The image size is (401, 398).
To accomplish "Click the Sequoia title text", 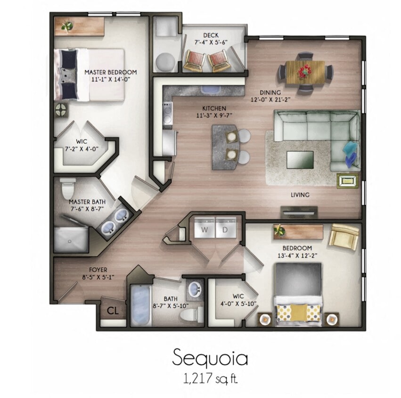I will point(210,358).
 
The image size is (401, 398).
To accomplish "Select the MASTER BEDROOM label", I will point(111,72).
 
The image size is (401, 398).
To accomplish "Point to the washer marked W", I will point(205,229).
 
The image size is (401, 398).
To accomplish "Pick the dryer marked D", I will point(225,229).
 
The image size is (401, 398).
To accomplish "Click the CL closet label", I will point(112,310).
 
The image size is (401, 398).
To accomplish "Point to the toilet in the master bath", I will point(67,188).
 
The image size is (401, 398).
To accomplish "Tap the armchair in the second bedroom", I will point(344,236).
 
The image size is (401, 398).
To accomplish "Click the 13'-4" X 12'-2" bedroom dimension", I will point(297,256).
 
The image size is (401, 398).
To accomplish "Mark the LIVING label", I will point(300,195).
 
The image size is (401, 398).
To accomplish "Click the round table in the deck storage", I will point(165,62).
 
